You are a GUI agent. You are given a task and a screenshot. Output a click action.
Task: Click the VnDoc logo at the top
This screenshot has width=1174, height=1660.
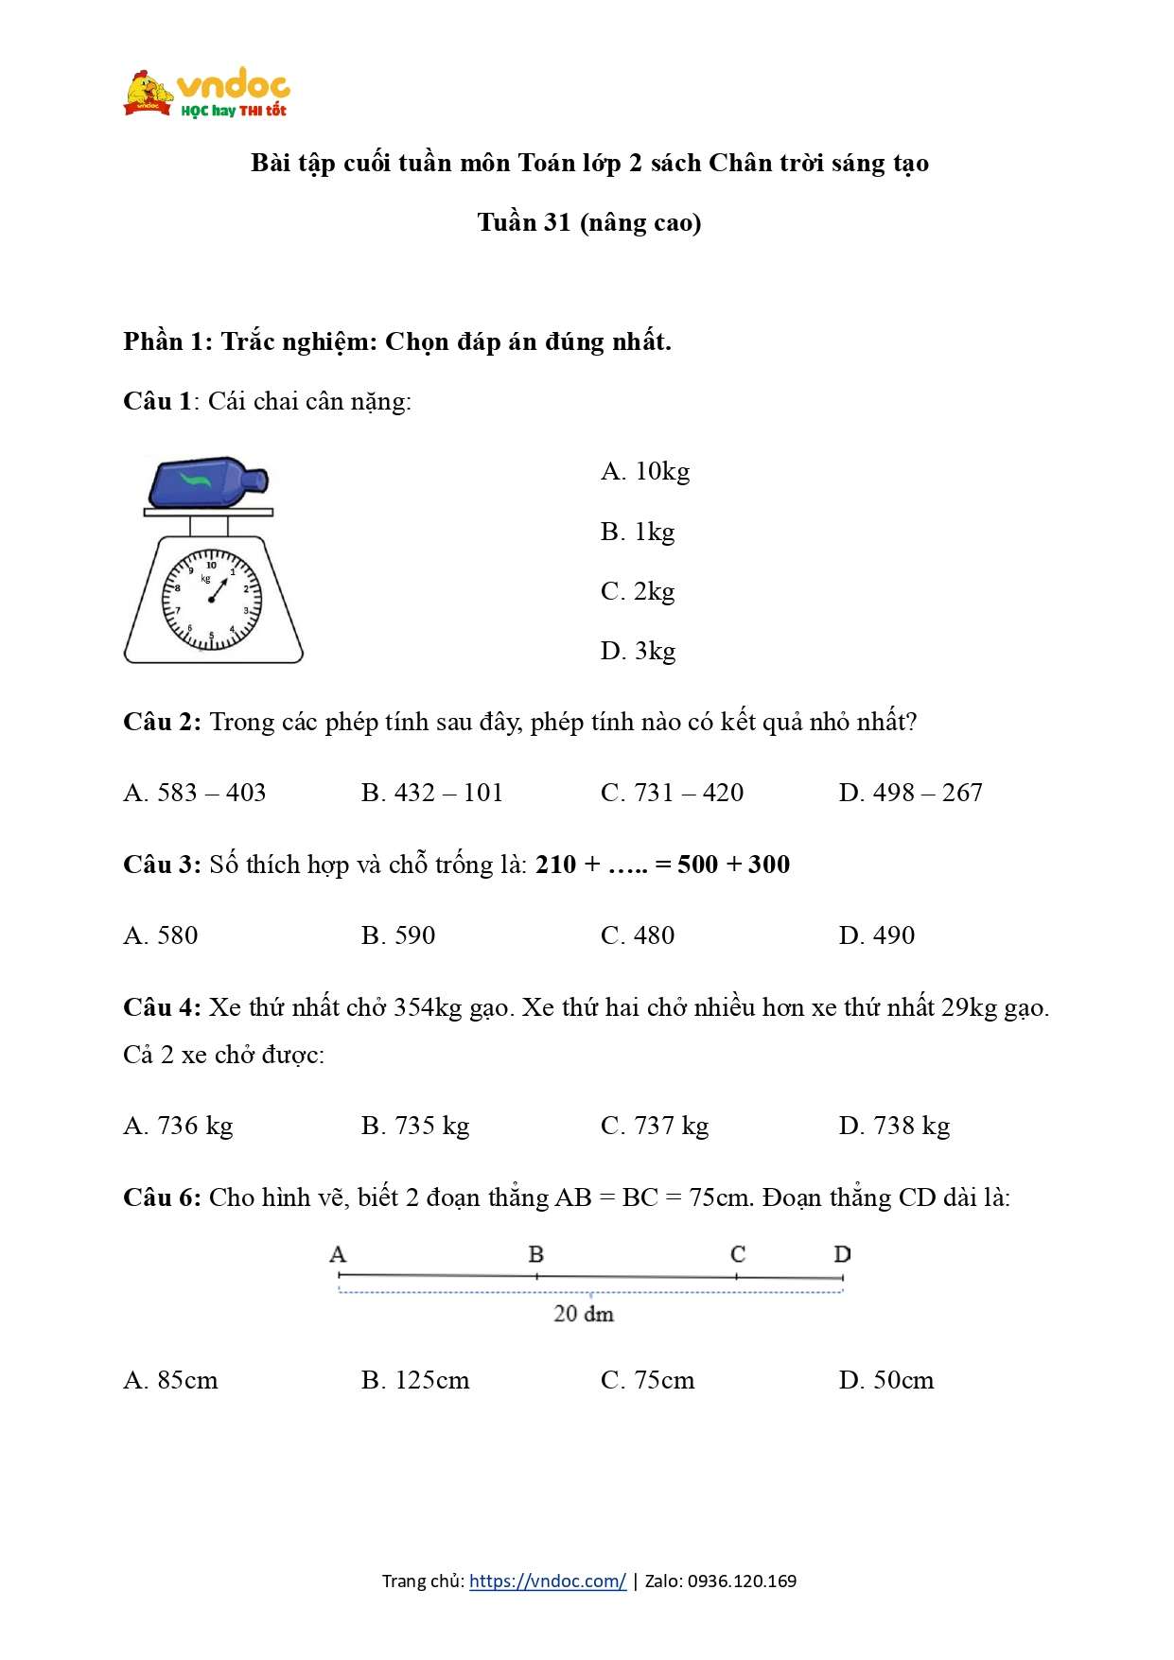coord(206,93)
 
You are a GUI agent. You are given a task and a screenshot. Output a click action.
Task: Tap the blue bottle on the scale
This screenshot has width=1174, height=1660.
coord(205,482)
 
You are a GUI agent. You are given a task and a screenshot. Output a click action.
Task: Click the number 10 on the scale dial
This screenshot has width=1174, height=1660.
coord(211,565)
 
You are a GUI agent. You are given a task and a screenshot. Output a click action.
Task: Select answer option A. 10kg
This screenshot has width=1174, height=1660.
coord(645,471)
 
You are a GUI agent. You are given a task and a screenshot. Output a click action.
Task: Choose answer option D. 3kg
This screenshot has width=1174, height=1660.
coord(638,651)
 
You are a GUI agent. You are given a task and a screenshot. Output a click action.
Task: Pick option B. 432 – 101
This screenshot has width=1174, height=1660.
coord(431,793)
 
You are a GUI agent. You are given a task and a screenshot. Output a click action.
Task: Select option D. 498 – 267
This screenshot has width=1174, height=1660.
coord(910,793)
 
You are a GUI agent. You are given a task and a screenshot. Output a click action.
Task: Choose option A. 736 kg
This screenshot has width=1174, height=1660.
coord(178,1126)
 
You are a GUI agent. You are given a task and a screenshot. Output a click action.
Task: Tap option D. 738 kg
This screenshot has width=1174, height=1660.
coord(894,1126)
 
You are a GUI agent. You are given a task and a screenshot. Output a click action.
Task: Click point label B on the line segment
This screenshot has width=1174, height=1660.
coord(535,1254)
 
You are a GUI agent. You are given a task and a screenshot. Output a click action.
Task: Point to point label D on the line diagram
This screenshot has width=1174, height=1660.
coord(842,1254)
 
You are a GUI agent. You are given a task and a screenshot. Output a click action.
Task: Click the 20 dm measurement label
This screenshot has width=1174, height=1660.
coord(584,1314)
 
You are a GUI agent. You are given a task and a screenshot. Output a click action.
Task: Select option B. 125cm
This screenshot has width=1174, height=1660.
coord(414,1380)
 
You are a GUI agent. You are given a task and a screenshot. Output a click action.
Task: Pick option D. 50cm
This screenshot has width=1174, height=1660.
coord(885,1380)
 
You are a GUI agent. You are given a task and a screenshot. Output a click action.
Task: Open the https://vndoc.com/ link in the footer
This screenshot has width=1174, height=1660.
coord(547,1581)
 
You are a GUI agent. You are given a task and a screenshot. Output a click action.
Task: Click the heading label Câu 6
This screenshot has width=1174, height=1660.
coord(162,1197)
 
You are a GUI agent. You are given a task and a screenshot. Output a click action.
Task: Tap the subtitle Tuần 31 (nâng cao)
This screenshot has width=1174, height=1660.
coord(588,222)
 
